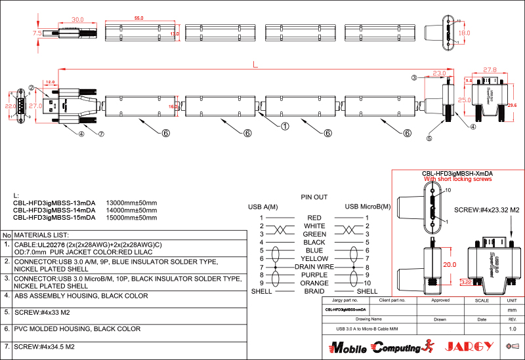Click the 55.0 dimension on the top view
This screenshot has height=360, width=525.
pyautogui.click(x=138, y=18)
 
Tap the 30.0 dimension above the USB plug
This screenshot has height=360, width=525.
pyautogui.click(x=78, y=20)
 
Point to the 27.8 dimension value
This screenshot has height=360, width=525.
pyautogui.click(x=489, y=69)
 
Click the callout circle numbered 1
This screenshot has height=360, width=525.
pyautogui.click(x=285, y=125)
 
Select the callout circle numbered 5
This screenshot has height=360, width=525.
pyautogui.click(x=429, y=138)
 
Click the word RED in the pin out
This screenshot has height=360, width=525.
pyautogui.click(x=314, y=217)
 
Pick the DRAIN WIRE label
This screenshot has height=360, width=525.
pyautogui.click(x=314, y=267)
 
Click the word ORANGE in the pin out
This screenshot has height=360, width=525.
pyautogui.click(x=314, y=283)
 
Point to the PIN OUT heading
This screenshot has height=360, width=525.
pyautogui.click(x=314, y=197)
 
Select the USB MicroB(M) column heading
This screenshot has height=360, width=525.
pyautogui.click(x=367, y=207)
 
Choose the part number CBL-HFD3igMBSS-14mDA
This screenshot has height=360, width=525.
pyautogui.click(x=54, y=210)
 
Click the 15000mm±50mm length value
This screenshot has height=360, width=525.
pyautogui.click(x=131, y=217)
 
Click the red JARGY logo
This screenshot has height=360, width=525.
pyautogui.click(x=469, y=346)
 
